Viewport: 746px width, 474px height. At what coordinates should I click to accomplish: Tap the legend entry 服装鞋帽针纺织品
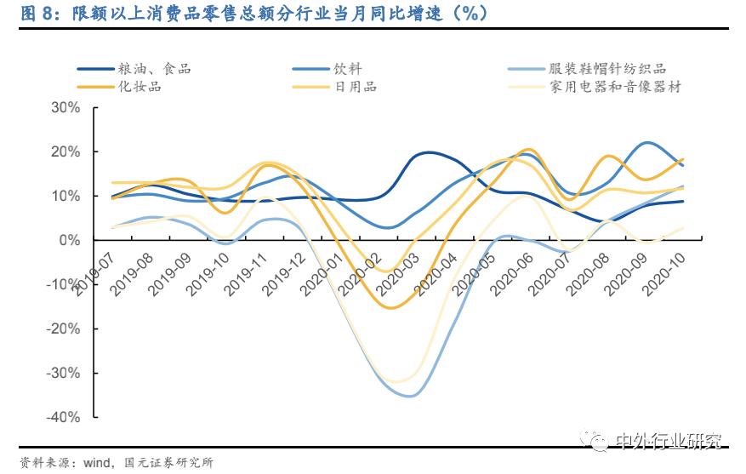click(607, 69)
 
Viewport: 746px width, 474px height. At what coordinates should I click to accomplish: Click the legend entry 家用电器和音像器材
click(615, 86)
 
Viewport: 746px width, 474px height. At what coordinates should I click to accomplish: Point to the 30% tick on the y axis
click(65, 108)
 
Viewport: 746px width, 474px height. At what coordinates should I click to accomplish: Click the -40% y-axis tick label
click(63, 417)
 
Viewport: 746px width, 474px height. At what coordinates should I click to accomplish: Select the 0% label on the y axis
click(70, 240)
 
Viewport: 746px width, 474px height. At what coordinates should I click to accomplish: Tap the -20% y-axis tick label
click(63, 328)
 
